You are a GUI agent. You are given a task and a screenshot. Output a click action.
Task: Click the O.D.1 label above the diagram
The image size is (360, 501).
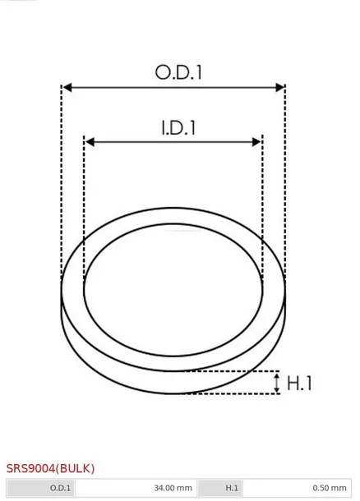click(178, 72)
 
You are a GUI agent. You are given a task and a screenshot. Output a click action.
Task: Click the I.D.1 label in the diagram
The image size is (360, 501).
click(178, 128)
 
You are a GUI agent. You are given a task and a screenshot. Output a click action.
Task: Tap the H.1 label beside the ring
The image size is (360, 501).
click(299, 383)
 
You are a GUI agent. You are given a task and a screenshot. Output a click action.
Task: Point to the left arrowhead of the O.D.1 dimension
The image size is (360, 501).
click(67, 87)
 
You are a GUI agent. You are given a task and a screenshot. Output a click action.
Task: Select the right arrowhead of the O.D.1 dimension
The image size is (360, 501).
click(279, 87)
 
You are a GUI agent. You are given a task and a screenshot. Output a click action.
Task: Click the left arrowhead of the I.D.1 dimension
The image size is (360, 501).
click(90, 142)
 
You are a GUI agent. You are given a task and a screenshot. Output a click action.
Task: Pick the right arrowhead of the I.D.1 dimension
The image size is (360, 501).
click(256, 142)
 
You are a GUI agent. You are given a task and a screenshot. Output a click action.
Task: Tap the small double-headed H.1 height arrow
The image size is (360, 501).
click(277, 383)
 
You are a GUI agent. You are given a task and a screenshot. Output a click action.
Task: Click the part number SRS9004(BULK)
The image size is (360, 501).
click(50, 468)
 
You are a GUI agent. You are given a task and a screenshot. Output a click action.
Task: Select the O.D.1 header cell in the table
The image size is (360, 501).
click(40, 488)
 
